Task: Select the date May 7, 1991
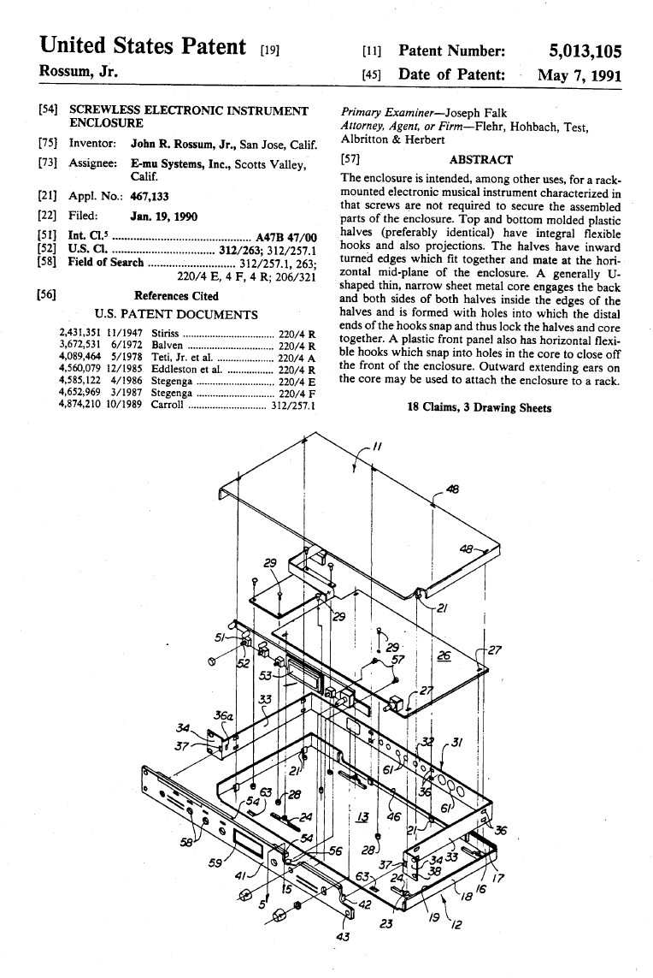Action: click(x=579, y=74)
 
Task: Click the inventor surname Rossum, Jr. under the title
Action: click(x=79, y=72)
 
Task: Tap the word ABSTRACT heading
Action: click(x=480, y=159)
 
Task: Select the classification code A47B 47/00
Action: click(x=286, y=237)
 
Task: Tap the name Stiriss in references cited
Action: click(x=165, y=332)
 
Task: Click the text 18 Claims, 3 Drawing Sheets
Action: click(x=479, y=407)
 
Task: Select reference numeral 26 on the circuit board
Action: click(x=444, y=655)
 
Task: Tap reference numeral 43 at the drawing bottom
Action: click(x=344, y=936)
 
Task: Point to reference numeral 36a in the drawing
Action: click(x=224, y=715)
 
